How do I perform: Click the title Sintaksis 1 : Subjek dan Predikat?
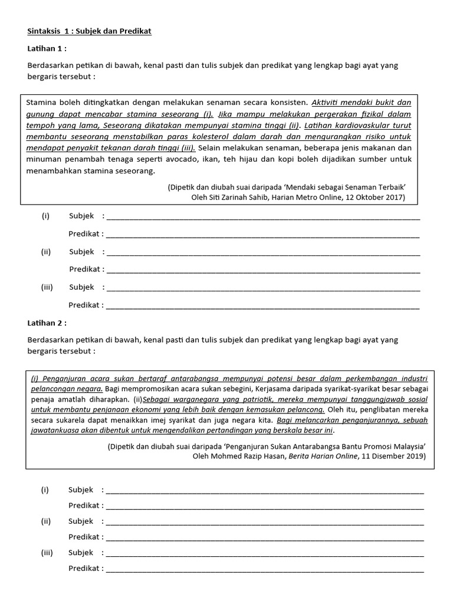click(89, 31)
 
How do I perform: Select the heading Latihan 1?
click(47, 48)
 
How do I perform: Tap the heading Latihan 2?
click(47, 323)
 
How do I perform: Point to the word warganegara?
click(188, 399)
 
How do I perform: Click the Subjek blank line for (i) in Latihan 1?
click(262, 217)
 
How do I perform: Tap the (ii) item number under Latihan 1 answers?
click(46, 252)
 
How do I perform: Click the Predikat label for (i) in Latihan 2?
click(86, 505)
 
